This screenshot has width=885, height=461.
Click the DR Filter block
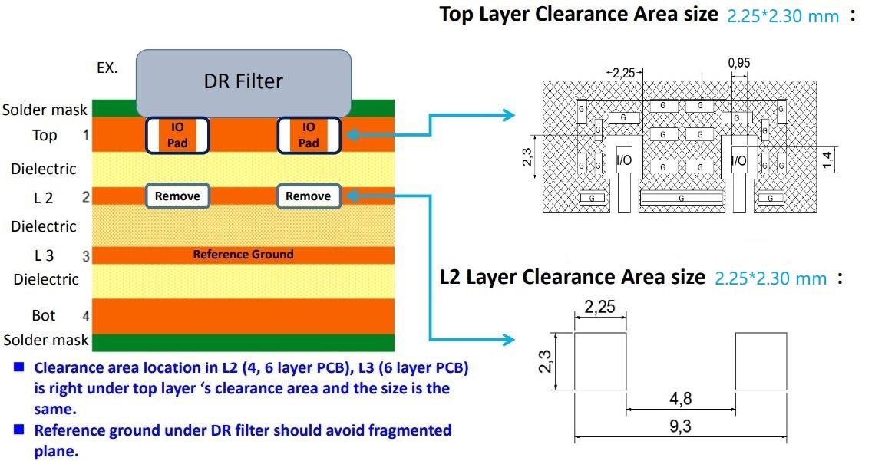(243, 81)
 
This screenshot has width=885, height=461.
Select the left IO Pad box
(177, 136)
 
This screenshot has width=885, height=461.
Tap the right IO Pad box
(308, 136)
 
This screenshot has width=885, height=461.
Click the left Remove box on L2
(177, 196)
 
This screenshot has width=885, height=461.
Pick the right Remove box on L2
(308, 196)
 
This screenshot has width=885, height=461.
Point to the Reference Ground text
(243, 255)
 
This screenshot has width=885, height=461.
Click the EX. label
(107, 68)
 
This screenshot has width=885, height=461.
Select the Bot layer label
(44, 315)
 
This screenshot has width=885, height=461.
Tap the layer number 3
(86, 256)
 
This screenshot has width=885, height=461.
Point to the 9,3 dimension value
(680, 427)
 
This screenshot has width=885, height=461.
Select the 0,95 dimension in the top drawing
(739, 64)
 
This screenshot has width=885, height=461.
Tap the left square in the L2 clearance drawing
(600, 361)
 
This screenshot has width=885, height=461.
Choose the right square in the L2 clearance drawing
(761, 361)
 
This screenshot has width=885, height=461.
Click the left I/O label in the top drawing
(624, 161)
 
